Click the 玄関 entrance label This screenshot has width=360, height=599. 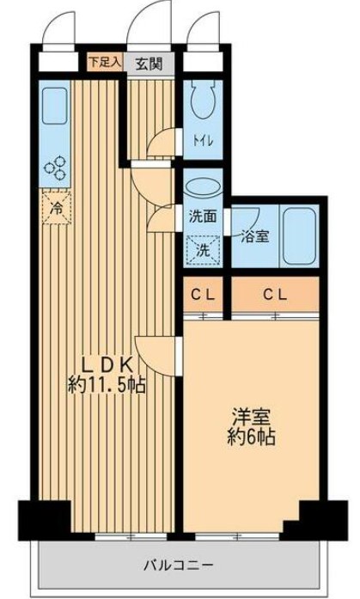[149, 64]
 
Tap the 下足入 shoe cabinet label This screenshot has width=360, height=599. [105, 62]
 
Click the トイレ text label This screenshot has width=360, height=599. [202, 141]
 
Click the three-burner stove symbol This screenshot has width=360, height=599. [55, 168]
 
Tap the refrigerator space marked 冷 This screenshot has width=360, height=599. [57, 208]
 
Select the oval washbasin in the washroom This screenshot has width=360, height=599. [202, 188]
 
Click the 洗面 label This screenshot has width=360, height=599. [203, 217]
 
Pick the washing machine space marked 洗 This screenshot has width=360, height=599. [203, 251]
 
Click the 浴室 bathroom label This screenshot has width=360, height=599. [254, 237]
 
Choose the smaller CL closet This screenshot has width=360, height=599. [203, 295]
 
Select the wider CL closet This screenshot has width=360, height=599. [275, 295]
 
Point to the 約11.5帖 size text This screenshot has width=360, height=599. [107, 385]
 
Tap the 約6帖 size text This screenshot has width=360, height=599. [251, 437]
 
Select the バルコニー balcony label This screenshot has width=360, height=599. [179, 565]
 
